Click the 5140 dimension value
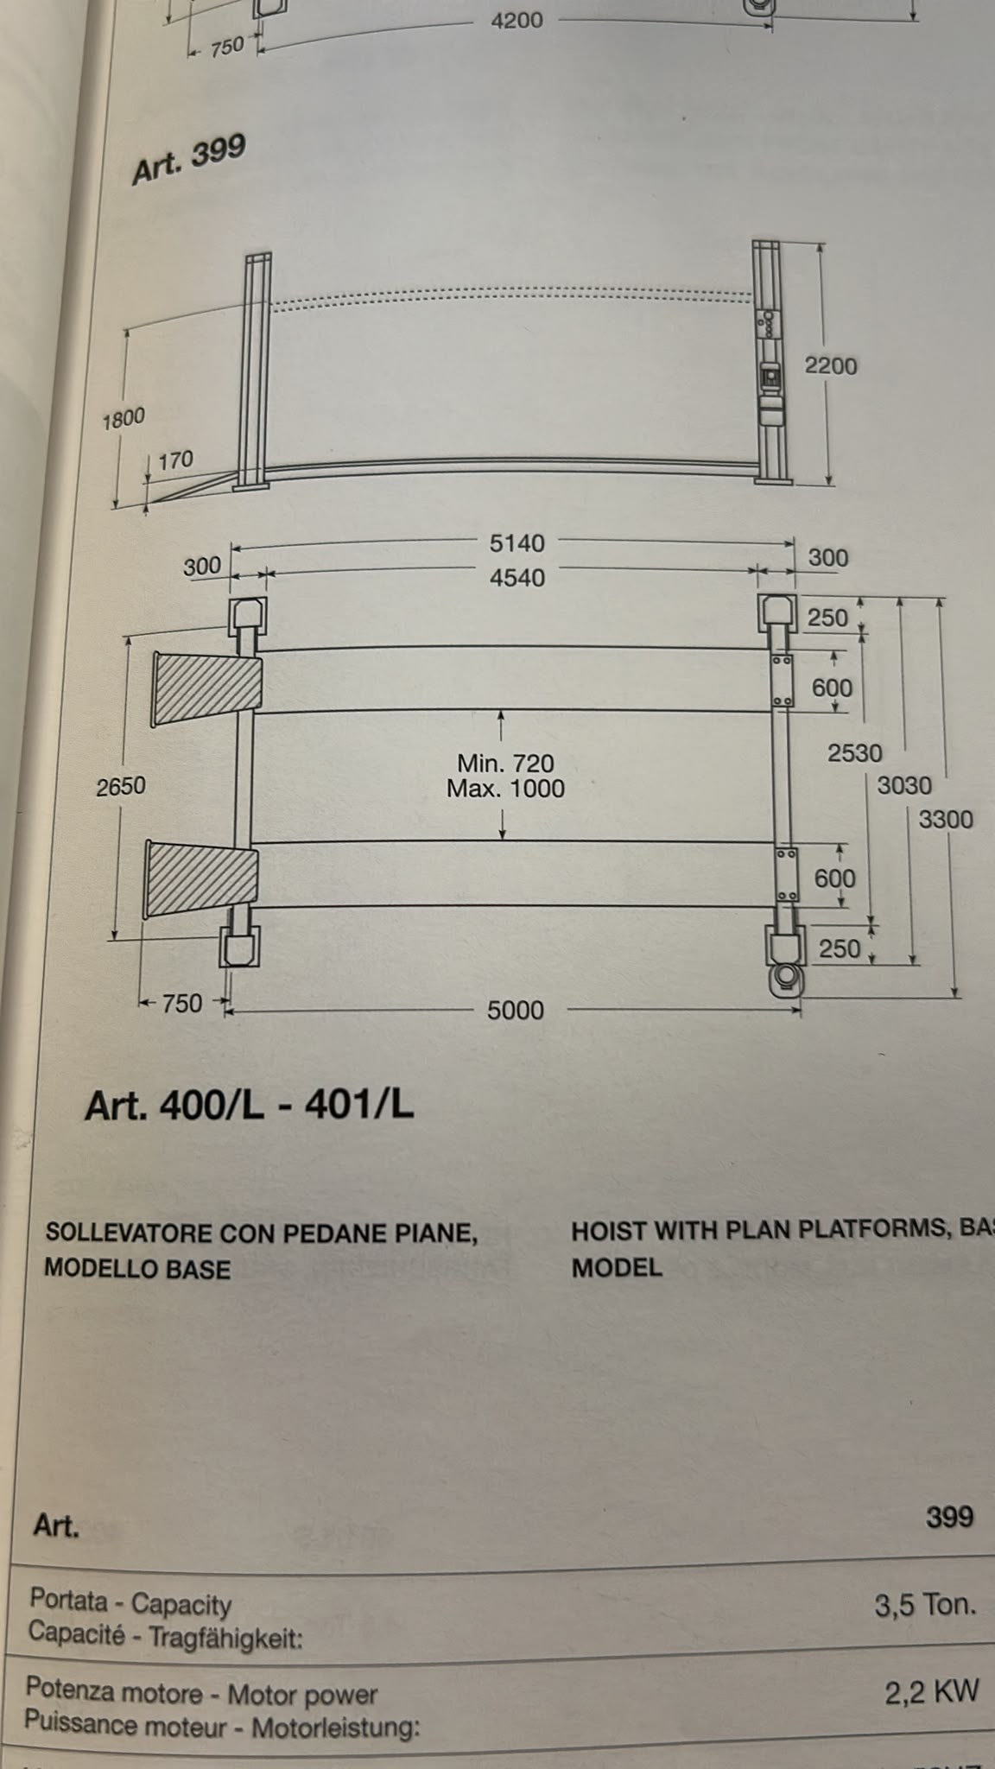517,543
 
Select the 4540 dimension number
517,578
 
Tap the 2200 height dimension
831,365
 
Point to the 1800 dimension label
124,420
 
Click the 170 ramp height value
175,460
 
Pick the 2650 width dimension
121,786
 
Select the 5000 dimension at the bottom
516,1010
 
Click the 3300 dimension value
946,819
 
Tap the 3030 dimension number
904,785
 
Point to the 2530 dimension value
855,753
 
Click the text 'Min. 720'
505,763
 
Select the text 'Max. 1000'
505,789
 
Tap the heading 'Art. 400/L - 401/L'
250,1105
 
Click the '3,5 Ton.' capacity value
925,1605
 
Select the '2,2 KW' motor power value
932,1692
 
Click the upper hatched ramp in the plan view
206,688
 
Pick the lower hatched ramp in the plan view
201,879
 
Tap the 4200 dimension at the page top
517,20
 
